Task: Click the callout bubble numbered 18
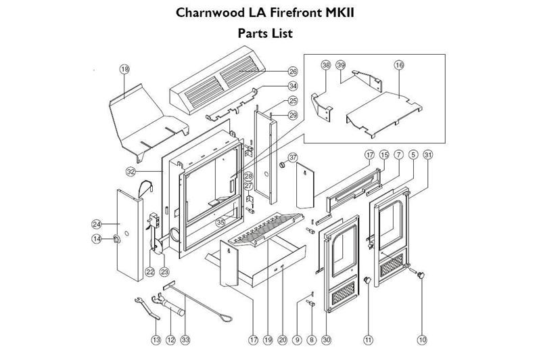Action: [x=124, y=69]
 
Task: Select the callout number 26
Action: [x=293, y=70]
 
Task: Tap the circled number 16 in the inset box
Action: [x=399, y=65]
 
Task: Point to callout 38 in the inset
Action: [x=326, y=65]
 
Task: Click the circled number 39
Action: [x=341, y=65]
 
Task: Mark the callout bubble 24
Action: [x=97, y=224]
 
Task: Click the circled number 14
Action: [x=97, y=238]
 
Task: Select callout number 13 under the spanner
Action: [x=156, y=338]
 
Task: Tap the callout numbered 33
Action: [x=185, y=338]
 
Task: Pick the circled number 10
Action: [x=423, y=338]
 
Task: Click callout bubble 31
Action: [x=427, y=155]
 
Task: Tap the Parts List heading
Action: [x=265, y=32]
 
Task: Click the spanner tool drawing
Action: [x=147, y=307]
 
